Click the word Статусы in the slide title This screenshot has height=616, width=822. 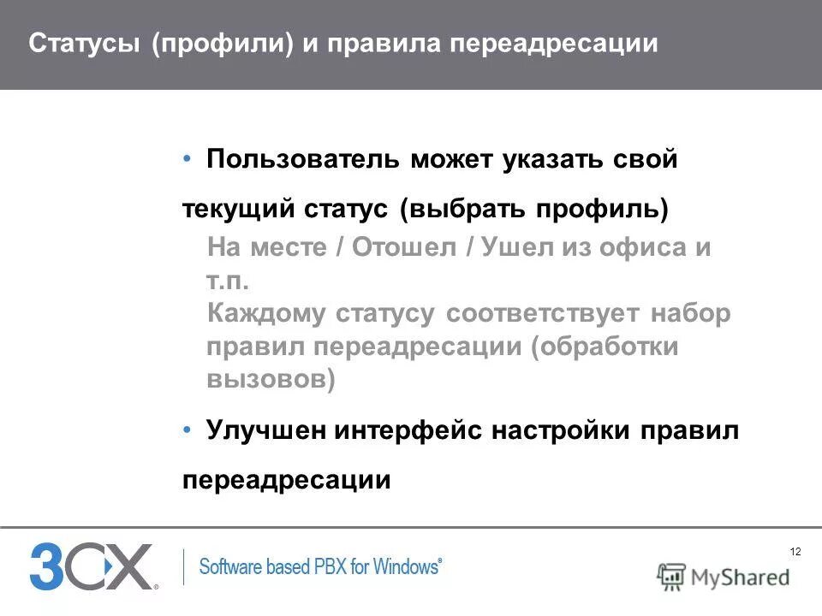coord(85,44)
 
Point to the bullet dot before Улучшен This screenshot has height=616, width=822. coord(188,431)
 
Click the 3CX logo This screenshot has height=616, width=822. coord(92,566)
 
